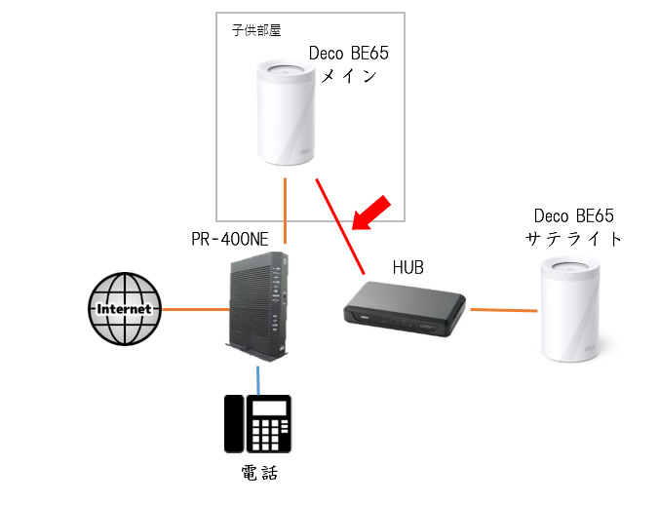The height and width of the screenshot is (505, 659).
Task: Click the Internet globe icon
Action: [122, 308]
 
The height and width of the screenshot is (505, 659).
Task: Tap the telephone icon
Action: [257, 425]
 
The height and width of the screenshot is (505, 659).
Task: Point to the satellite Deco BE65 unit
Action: [570, 309]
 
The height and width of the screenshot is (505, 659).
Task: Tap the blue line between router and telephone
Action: [258, 378]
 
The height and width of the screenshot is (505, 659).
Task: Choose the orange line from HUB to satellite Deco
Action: [504, 310]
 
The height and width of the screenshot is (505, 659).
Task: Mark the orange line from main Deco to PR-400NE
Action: [285, 210]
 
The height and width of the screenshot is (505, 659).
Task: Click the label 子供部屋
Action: [255, 30]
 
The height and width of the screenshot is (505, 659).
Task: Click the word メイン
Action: [347, 76]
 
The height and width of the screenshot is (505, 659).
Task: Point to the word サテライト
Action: [573, 238]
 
